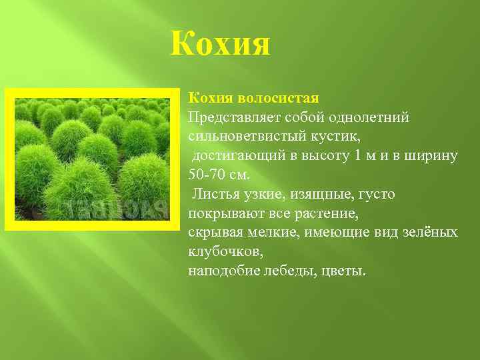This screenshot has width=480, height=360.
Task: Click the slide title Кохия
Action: [220, 44]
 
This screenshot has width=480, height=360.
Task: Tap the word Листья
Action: [213, 195]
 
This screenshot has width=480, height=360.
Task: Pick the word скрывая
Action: [214, 233]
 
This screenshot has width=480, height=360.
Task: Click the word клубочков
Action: [223, 253]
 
